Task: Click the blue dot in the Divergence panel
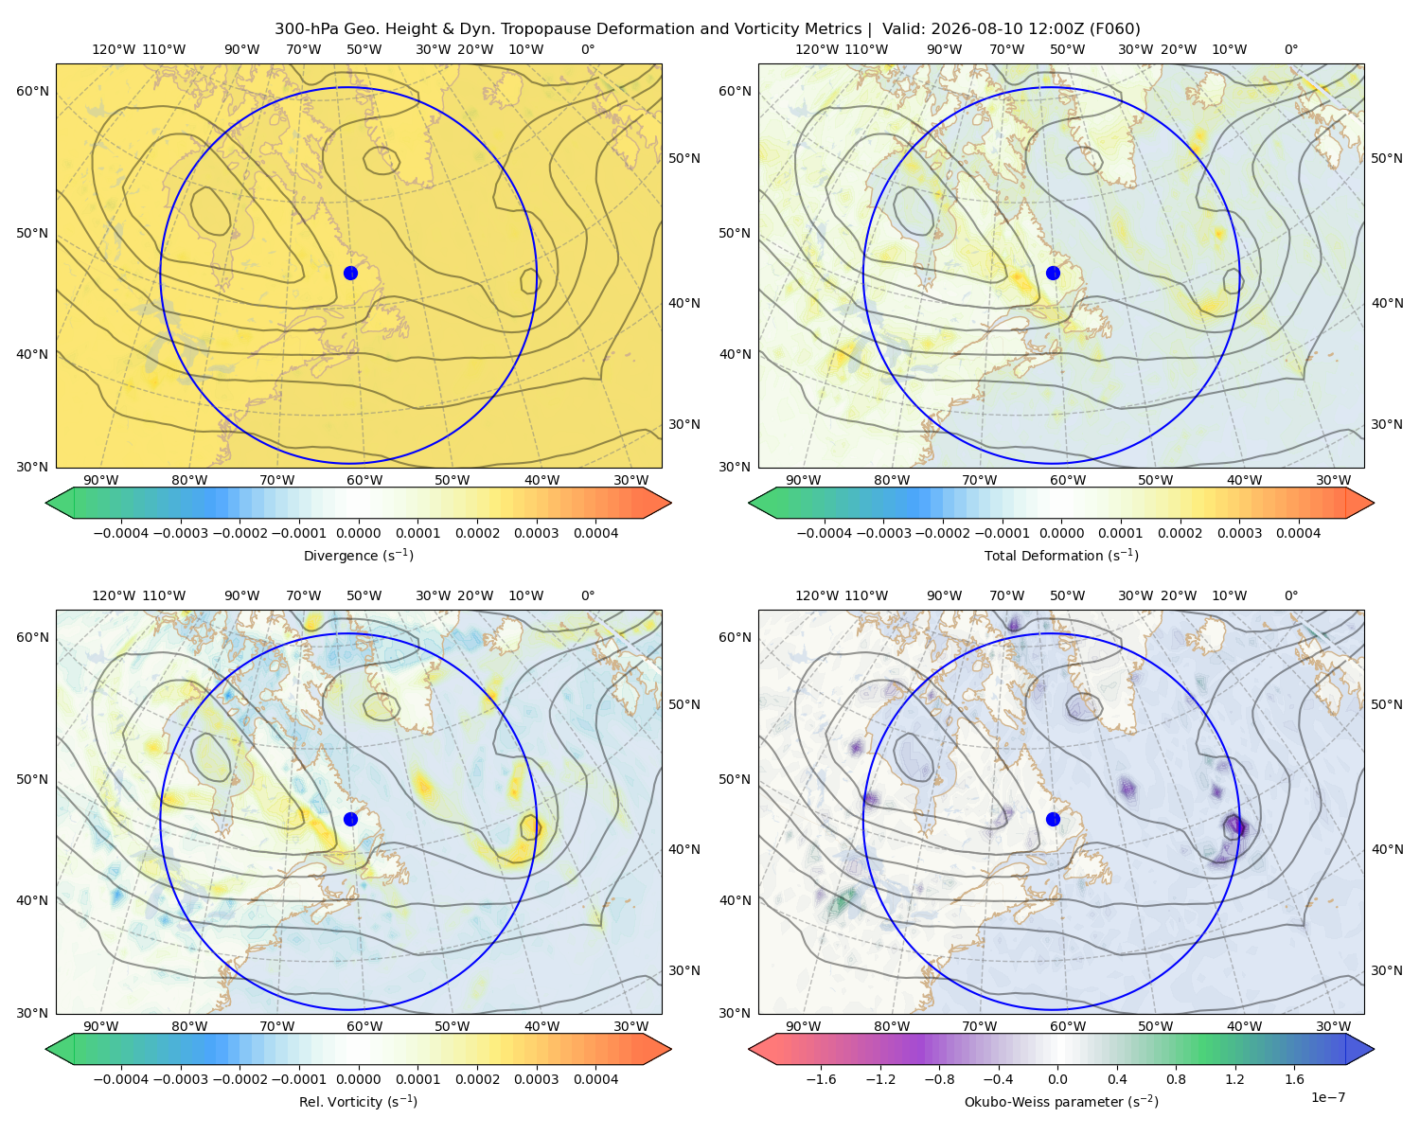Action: tap(350, 273)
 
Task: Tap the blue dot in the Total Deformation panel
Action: tap(1053, 273)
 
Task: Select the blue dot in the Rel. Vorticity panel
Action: tap(350, 819)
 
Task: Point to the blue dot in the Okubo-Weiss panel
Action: tap(1053, 819)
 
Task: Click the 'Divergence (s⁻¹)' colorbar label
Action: tap(358, 555)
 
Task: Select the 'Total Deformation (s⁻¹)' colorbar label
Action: tap(1061, 555)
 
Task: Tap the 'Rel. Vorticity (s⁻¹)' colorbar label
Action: tap(358, 1101)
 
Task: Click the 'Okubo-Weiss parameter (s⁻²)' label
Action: tap(1061, 1101)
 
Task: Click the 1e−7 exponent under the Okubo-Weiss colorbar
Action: tap(1327, 1097)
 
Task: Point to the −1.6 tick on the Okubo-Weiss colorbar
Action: tap(821, 1078)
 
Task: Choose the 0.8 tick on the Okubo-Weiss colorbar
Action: tap(1176, 1078)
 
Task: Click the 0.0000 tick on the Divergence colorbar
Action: tap(358, 533)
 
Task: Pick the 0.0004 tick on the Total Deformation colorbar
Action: tap(1298, 533)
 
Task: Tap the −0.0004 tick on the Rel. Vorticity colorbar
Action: tap(121, 1078)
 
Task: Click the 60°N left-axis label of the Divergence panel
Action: tap(32, 91)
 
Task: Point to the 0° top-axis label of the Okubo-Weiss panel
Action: tap(1290, 595)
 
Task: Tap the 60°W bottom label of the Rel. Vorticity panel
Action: tap(364, 1026)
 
